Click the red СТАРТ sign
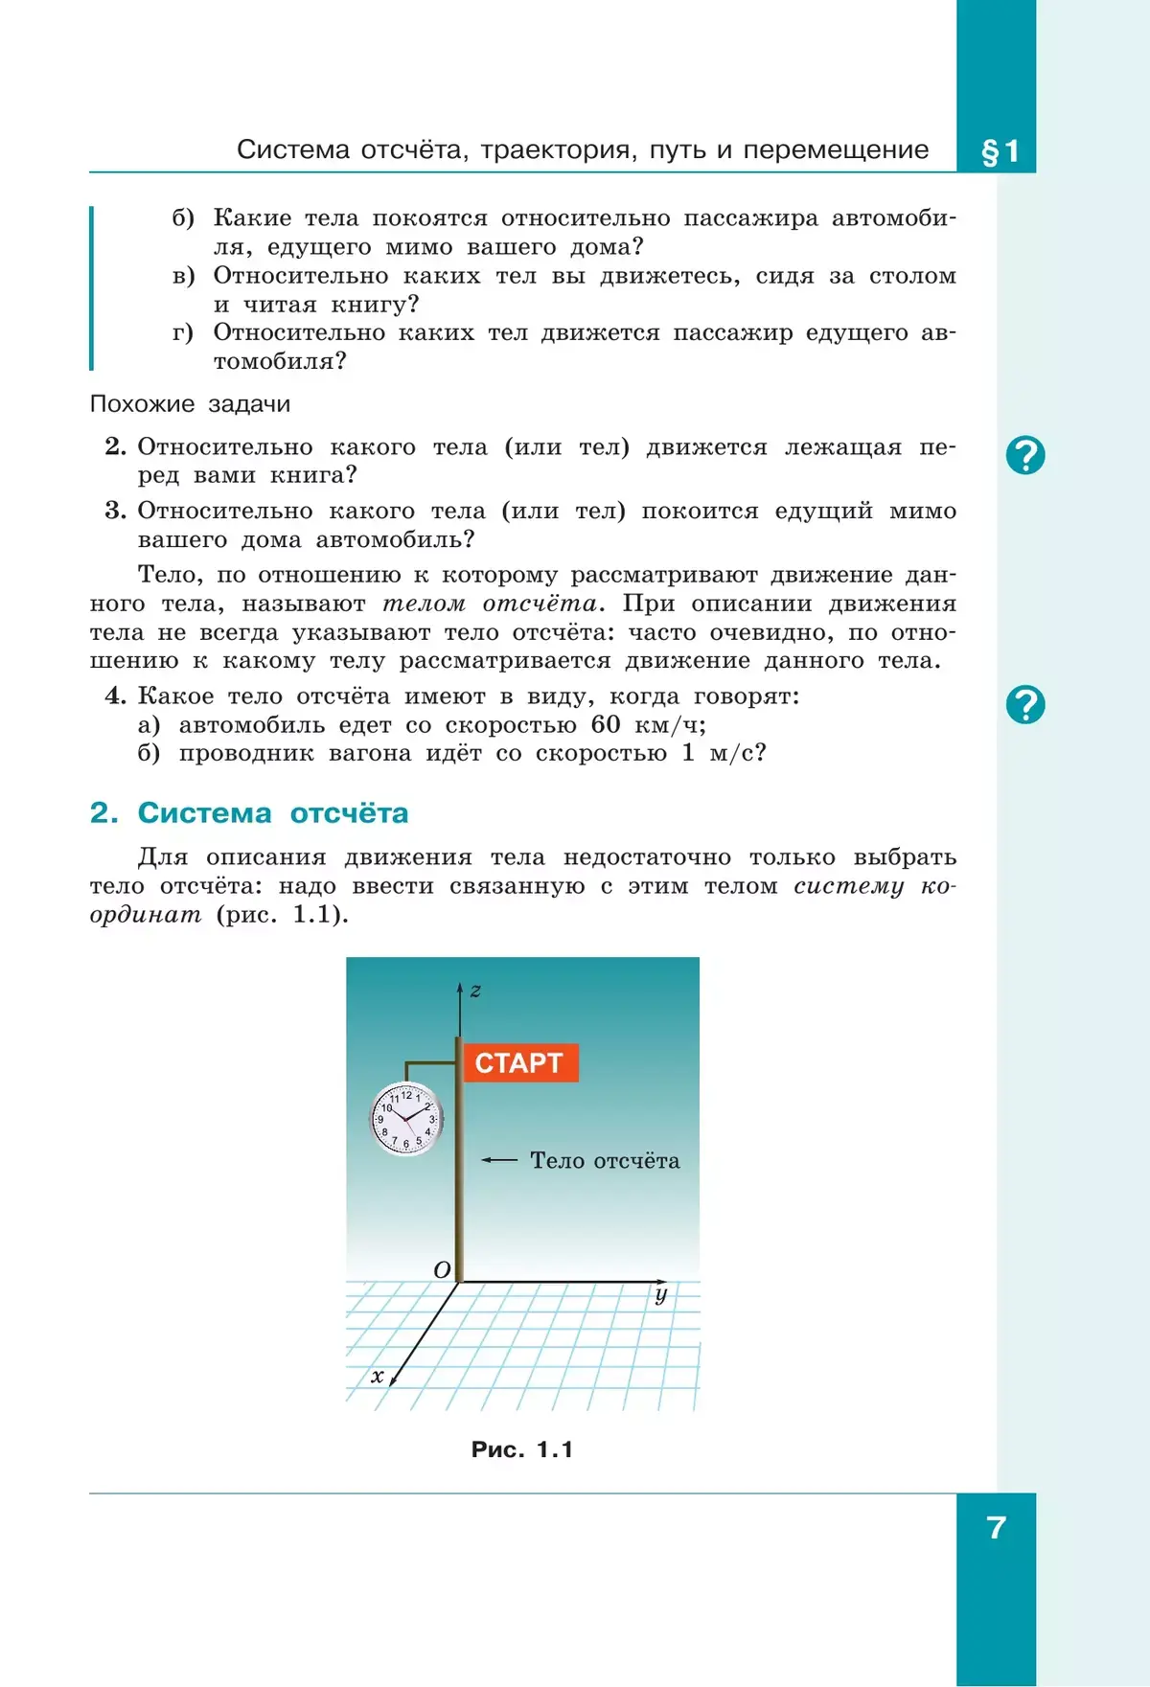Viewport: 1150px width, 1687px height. tap(521, 1062)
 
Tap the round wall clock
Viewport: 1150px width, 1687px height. tap(406, 1118)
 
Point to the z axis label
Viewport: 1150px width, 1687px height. tap(475, 991)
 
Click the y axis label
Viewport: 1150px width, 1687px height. tap(660, 1296)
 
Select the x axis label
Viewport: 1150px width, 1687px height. tap(378, 1377)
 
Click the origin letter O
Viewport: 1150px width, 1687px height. tap(442, 1270)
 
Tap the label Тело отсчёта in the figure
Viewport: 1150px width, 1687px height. tap(605, 1160)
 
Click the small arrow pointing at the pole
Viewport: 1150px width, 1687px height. tap(499, 1160)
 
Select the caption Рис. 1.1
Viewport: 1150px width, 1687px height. tap(522, 1449)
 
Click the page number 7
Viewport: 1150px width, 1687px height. tap(997, 1527)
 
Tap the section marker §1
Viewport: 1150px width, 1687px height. tap(1000, 151)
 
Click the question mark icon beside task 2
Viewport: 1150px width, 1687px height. tap(1025, 455)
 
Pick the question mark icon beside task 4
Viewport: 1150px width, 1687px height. tap(1025, 705)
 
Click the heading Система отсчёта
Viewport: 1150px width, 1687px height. tap(273, 813)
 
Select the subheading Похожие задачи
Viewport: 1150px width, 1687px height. tap(190, 404)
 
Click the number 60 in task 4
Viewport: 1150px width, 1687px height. tap(606, 724)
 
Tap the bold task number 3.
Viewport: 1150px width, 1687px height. tap(115, 511)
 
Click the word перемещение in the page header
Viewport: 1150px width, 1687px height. tap(837, 150)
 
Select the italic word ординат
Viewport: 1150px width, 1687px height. tap(146, 914)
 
